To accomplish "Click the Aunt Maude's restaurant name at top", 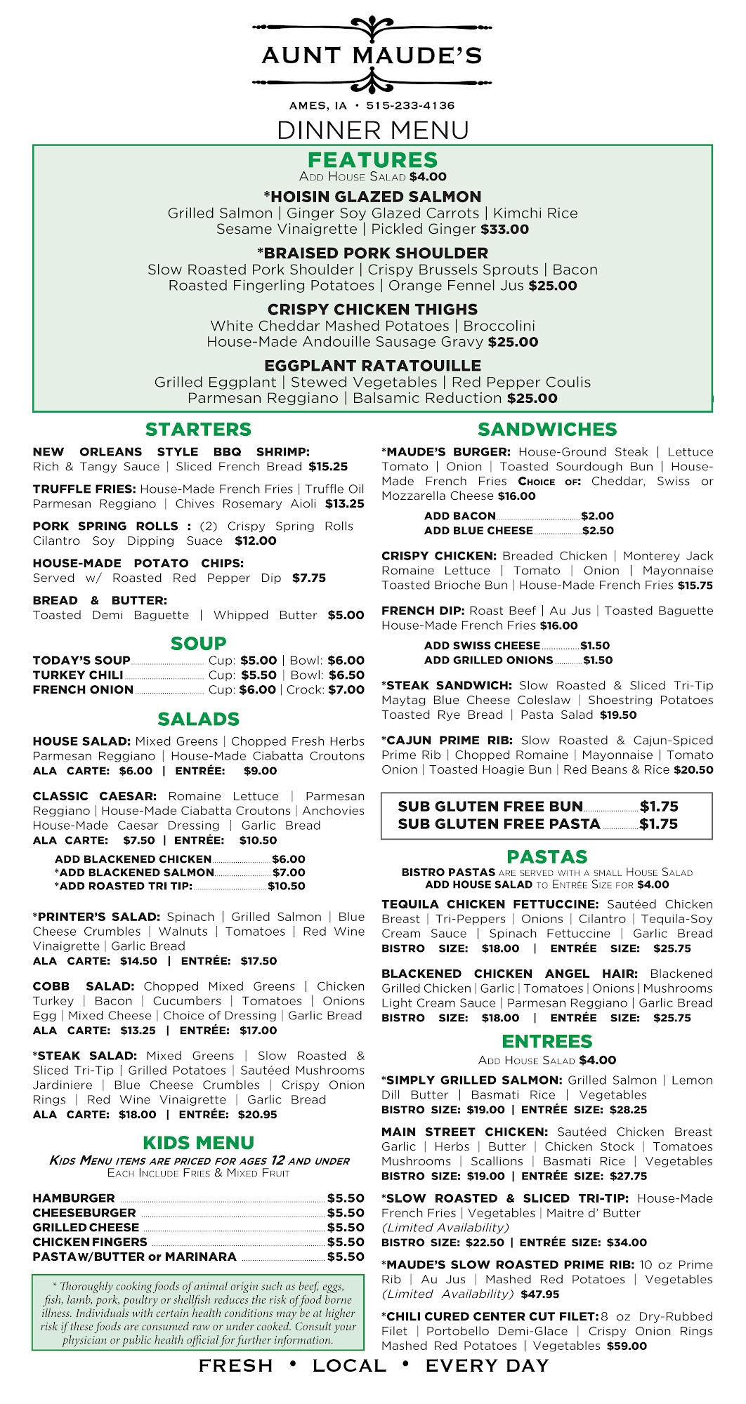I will point(372,55).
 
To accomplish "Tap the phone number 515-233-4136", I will point(410,106).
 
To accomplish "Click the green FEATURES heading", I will point(372,160).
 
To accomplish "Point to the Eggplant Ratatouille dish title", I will point(372,366).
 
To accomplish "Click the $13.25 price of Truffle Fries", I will point(344,504).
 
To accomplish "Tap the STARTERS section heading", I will point(198,430).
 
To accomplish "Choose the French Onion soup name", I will point(83,690).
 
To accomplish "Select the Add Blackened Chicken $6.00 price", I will point(288,859).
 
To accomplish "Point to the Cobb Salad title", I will point(83,986).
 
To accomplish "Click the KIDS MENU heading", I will point(198,1143).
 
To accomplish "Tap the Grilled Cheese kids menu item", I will point(86,1228).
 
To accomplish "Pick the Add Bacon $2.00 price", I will point(597,516).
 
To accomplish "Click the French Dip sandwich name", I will point(423,611).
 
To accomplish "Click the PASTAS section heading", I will point(547,857).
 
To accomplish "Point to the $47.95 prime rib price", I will point(539,1294).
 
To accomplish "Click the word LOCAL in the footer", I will point(349,1366).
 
